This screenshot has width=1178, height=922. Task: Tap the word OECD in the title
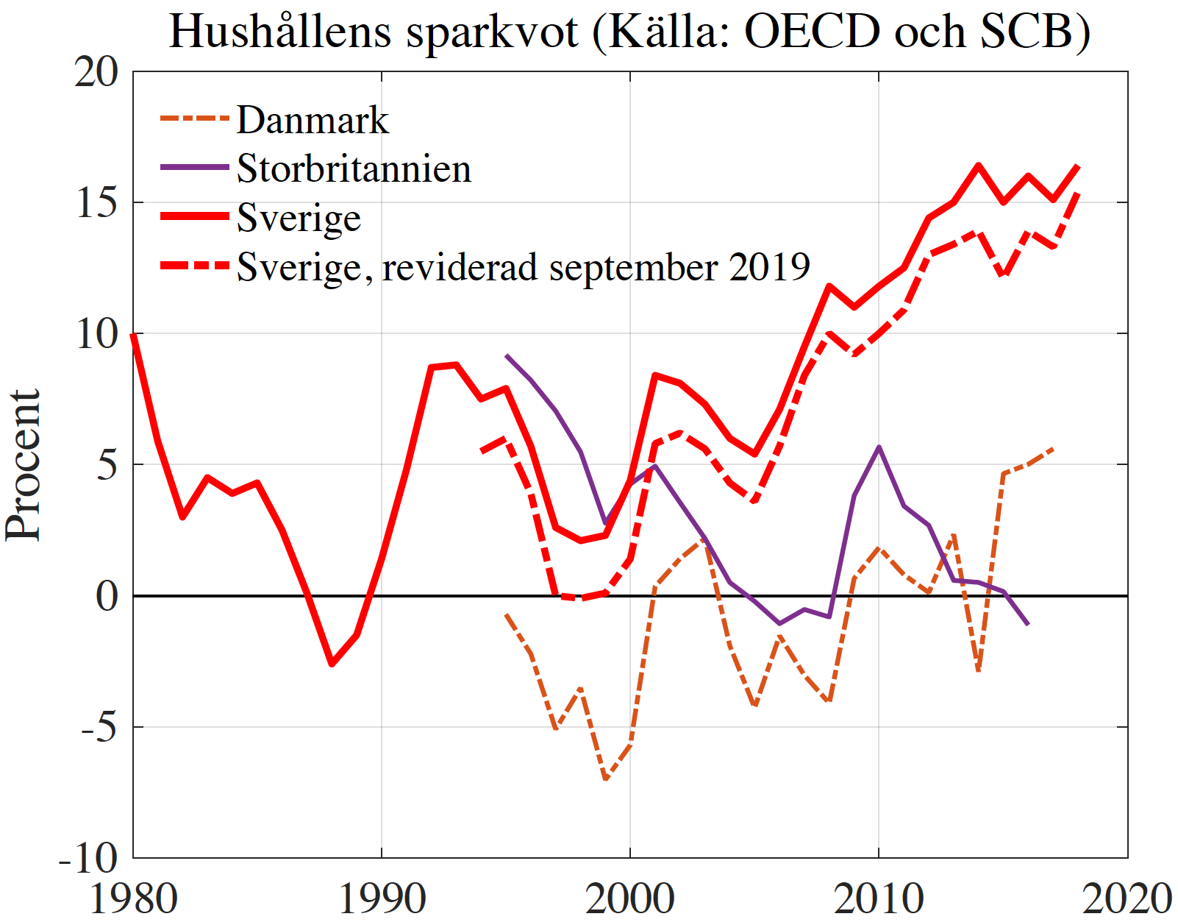[x=812, y=32]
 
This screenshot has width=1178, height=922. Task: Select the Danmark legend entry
[x=313, y=120]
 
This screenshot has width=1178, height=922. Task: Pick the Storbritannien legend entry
[x=354, y=169]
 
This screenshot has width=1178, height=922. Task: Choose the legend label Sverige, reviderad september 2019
[x=523, y=266]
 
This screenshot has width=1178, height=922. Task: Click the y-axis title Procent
[x=24, y=465]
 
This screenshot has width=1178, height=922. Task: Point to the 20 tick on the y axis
[x=96, y=72]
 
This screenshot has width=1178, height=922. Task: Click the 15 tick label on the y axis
[x=96, y=203]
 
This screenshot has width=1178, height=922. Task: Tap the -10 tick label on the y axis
[x=88, y=858]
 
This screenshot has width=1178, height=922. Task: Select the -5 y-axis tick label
[x=99, y=727]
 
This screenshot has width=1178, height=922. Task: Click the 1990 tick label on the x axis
[x=382, y=898]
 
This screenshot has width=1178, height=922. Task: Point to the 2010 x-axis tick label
[x=879, y=898]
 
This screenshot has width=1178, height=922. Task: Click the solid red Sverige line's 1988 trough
[x=332, y=664]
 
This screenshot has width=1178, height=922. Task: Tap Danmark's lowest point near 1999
[x=605, y=779]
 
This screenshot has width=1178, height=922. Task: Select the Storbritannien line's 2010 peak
[x=879, y=447]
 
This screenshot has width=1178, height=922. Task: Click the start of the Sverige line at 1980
[x=133, y=335]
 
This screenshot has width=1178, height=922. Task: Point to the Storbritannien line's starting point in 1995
[x=506, y=355]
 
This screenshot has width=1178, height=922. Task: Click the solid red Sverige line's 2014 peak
[x=978, y=166]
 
